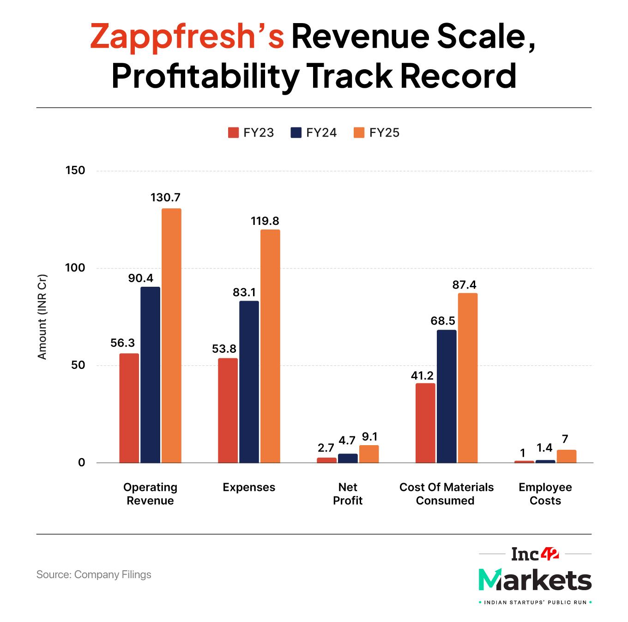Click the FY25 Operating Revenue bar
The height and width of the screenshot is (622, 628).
(x=171, y=335)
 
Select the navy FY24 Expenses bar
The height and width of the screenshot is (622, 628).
(x=249, y=381)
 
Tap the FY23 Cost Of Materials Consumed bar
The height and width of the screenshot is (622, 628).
(x=425, y=423)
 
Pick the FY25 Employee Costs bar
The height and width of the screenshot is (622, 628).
(x=567, y=456)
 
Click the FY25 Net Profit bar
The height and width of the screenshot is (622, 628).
(x=369, y=453)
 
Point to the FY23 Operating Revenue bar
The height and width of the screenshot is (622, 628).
(x=129, y=408)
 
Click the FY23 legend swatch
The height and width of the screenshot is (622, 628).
(x=233, y=133)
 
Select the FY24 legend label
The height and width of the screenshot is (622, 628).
(x=321, y=133)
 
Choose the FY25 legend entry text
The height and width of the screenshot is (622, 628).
(x=384, y=133)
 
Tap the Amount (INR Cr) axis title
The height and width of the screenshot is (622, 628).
(x=42, y=317)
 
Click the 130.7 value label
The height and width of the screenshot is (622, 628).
(x=165, y=198)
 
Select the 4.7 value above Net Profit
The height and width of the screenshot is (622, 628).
(x=347, y=441)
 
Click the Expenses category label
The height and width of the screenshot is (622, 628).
(x=249, y=487)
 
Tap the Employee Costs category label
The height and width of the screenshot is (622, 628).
(x=545, y=494)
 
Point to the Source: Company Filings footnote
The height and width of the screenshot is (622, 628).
(x=94, y=574)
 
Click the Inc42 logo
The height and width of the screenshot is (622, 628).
(x=535, y=554)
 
